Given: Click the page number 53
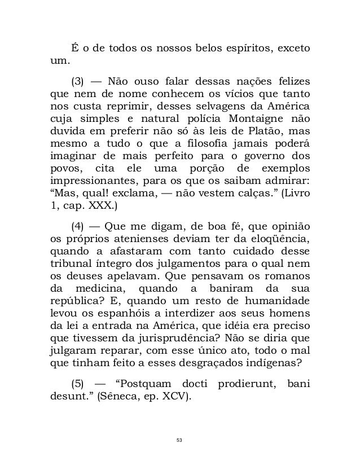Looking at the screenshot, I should coord(180,441).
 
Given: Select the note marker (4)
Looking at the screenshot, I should coord(79,227).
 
